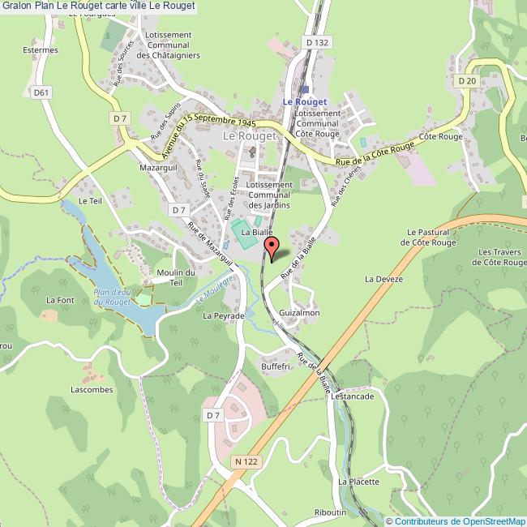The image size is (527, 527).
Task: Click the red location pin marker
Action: click(x=272, y=246)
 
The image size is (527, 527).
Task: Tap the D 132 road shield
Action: click(x=317, y=41)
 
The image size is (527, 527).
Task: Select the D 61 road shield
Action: click(x=42, y=92)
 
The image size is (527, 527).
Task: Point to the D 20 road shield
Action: click(x=465, y=80)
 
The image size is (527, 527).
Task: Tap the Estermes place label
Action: click(x=41, y=50)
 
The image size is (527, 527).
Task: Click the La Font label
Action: click(x=59, y=300)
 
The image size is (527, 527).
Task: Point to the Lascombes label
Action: click(x=92, y=389)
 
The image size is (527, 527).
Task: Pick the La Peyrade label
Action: click(x=224, y=315)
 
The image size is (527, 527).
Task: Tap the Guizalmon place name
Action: click(x=299, y=312)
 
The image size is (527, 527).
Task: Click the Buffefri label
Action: click(x=275, y=366)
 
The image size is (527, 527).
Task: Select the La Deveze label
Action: click(x=383, y=279)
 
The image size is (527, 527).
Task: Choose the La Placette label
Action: click(x=358, y=481)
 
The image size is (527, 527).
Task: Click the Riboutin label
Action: click(x=331, y=512)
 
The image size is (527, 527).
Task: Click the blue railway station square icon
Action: click(x=305, y=89)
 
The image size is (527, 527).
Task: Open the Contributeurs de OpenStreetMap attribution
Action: click(x=455, y=521)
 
